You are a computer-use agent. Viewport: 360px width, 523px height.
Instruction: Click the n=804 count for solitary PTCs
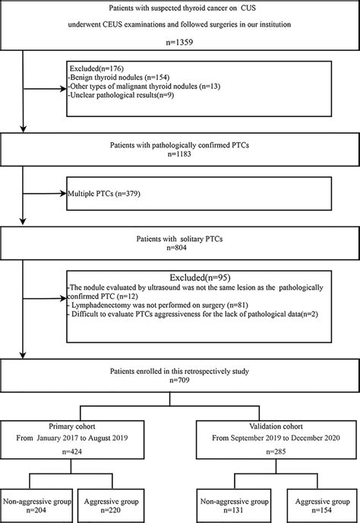(180, 246)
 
